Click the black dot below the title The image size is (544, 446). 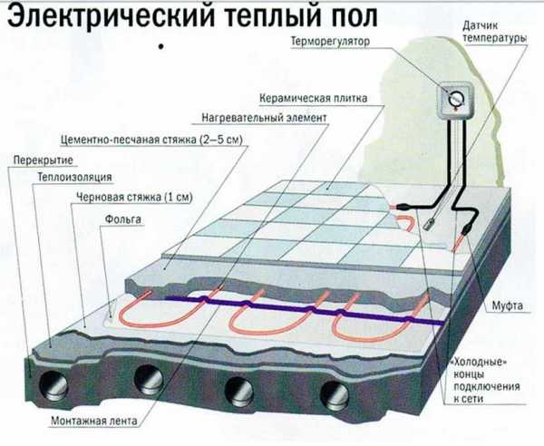[160, 44]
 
